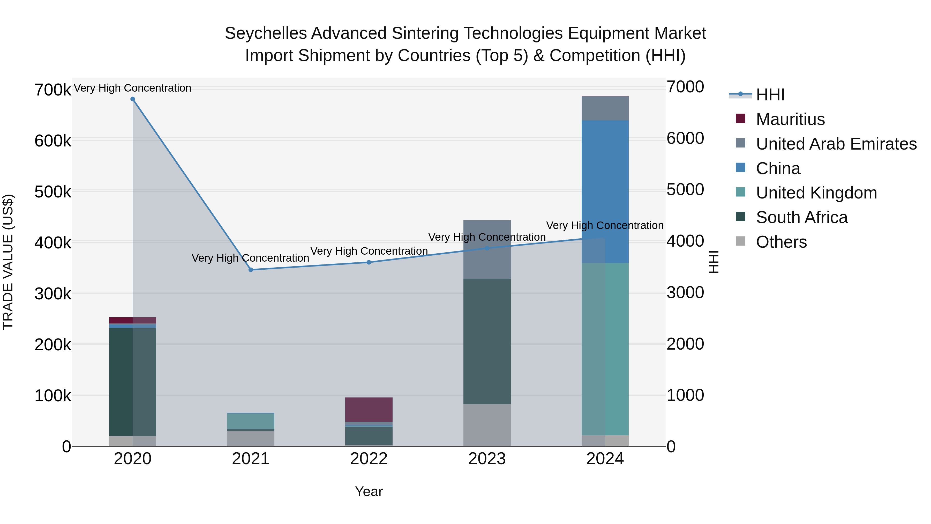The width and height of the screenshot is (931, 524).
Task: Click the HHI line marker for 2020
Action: tap(133, 99)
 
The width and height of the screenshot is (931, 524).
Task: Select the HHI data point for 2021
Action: tap(251, 270)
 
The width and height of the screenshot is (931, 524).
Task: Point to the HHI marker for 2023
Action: tap(487, 248)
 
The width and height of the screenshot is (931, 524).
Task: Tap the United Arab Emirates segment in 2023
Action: tap(487, 249)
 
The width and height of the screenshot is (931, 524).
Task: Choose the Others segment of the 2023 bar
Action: tap(487, 425)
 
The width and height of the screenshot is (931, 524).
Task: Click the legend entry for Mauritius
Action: tap(790, 119)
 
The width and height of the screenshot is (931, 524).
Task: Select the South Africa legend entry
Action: tap(802, 217)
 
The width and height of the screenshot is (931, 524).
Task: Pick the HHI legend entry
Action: tap(770, 95)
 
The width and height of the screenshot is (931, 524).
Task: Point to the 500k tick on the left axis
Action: tap(53, 192)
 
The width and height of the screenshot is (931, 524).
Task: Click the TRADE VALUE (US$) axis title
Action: tap(8, 262)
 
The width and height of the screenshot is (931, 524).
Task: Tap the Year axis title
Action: tap(369, 491)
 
